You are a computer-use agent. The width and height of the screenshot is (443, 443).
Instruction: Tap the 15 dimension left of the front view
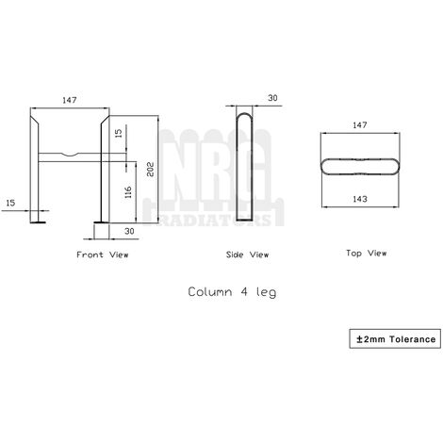(x=10, y=202)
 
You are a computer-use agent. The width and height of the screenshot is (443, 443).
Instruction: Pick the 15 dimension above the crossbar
(x=118, y=134)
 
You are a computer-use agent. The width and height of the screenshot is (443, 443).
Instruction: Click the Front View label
(x=102, y=254)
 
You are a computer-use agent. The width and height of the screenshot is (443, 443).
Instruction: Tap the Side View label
(x=247, y=254)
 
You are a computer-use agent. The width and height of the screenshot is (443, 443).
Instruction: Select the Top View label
(x=363, y=253)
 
